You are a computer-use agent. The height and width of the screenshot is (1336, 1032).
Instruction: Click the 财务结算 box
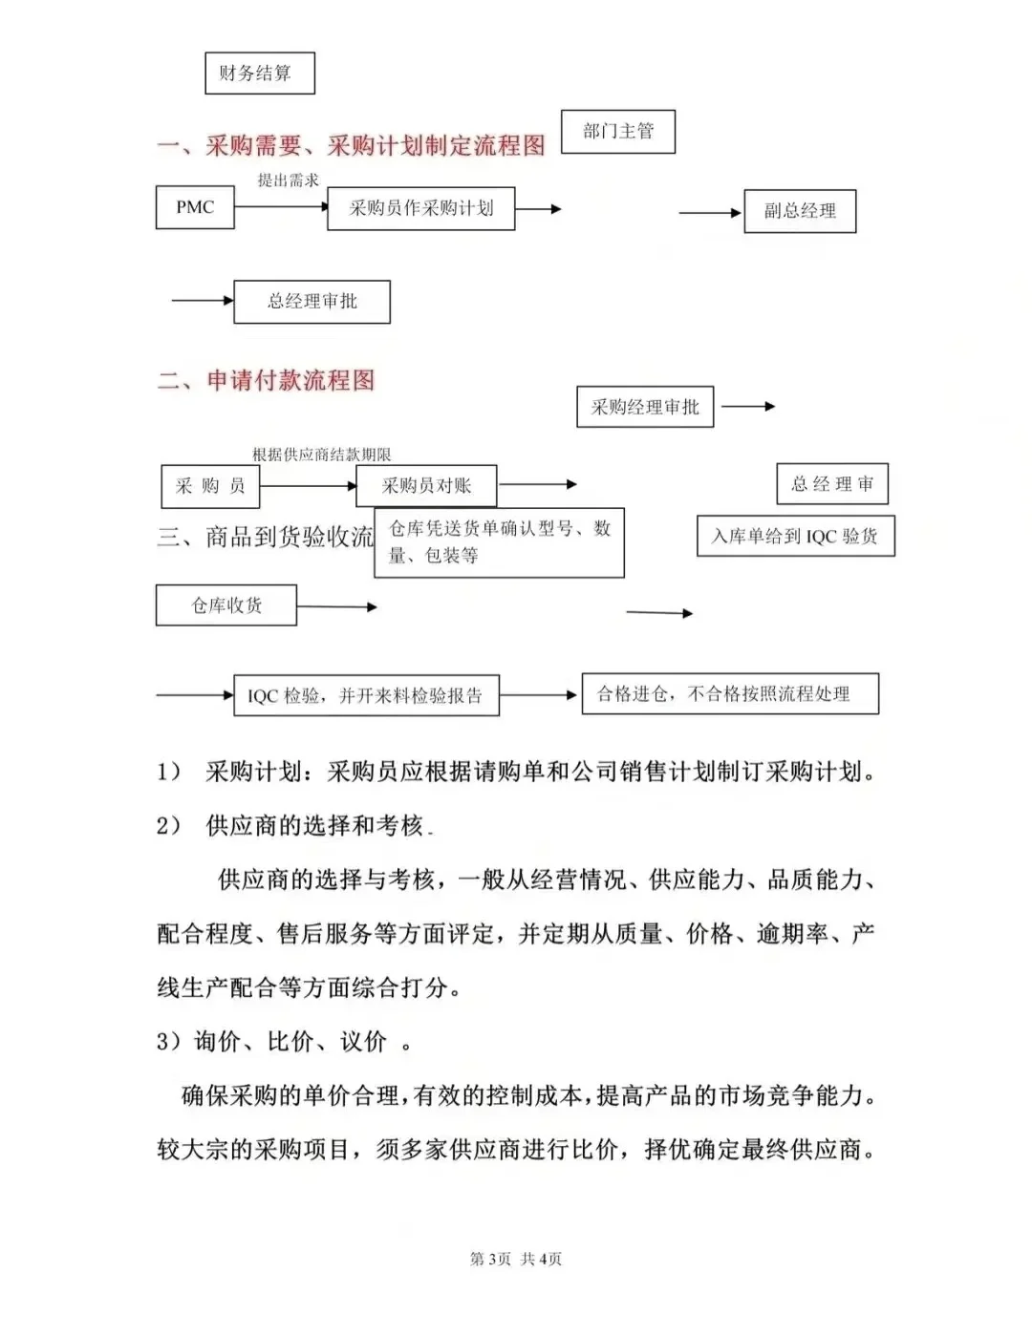point(259,74)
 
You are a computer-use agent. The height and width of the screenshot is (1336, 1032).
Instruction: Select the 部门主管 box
point(617,131)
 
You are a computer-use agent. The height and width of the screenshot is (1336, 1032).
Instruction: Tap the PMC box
point(195,207)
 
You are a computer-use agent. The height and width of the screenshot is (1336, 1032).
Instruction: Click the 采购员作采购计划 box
point(420,208)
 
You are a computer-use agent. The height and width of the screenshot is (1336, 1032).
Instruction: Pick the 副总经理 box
point(800,211)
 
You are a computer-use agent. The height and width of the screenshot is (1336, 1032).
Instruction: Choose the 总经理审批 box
point(312,302)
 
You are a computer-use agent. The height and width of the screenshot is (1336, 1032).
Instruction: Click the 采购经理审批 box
point(645,408)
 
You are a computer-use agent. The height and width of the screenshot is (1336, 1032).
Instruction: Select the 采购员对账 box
point(426,485)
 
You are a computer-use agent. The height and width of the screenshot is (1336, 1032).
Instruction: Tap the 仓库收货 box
point(226,605)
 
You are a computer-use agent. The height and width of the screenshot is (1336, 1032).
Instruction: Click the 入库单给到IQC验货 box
point(795,536)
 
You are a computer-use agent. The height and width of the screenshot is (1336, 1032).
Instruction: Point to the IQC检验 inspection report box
point(366,695)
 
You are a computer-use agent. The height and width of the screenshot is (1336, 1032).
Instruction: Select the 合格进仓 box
point(730,694)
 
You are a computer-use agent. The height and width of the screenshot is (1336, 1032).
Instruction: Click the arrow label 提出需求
point(288,180)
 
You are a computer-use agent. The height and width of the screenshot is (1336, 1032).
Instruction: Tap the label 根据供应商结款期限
point(322,455)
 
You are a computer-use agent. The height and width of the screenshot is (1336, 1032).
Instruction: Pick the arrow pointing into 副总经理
point(710,212)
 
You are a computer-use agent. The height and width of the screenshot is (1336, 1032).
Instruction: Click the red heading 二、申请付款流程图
point(267,380)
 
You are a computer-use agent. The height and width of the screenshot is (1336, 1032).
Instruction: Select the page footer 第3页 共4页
point(516,1259)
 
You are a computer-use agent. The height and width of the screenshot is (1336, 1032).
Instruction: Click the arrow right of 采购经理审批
point(747,406)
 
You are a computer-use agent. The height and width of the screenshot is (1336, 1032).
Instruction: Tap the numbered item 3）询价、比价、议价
point(284,1041)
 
